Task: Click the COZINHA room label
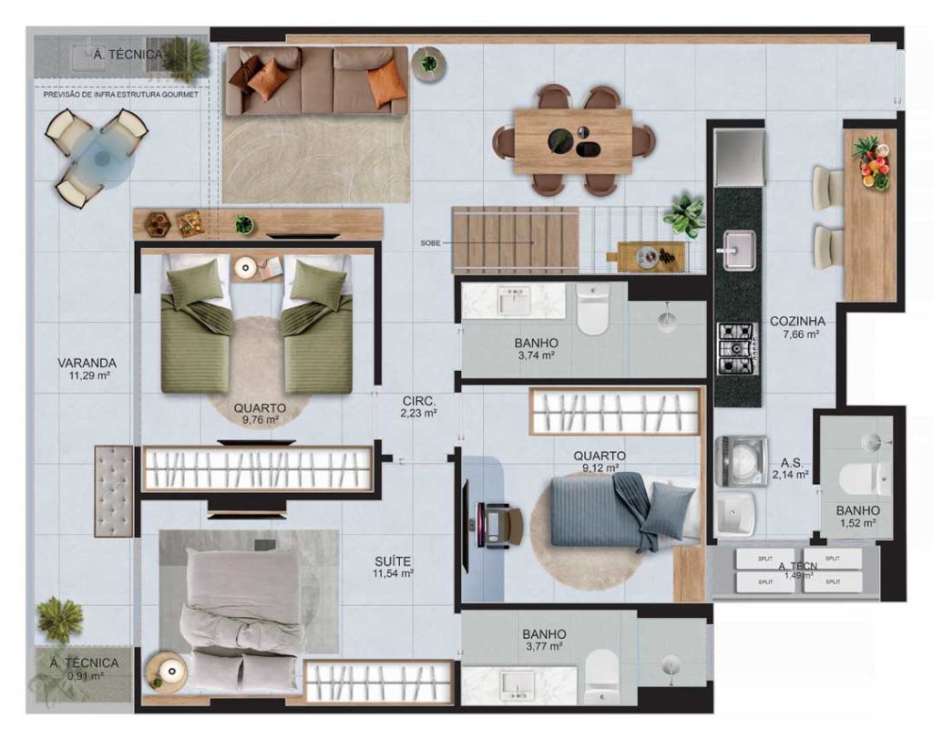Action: pyautogui.click(x=797, y=322)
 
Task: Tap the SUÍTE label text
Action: pyautogui.click(x=393, y=562)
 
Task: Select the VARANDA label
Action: pyautogui.click(x=86, y=363)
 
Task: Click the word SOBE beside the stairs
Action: pyautogui.click(x=431, y=243)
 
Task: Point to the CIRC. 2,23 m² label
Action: pyautogui.click(x=419, y=406)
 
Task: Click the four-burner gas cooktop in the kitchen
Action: pyautogui.click(x=737, y=348)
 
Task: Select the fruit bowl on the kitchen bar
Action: pyautogui.click(x=872, y=162)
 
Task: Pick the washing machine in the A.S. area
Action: pyautogui.click(x=740, y=461)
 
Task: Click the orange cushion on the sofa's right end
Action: pyautogui.click(x=386, y=84)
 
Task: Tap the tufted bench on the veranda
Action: pyautogui.click(x=114, y=490)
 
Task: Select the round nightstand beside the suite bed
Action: pyautogui.click(x=165, y=673)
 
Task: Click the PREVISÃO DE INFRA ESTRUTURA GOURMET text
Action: pyautogui.click(x=121, y=94)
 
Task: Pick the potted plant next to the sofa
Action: pyautogui.click(x=428, y=64)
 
